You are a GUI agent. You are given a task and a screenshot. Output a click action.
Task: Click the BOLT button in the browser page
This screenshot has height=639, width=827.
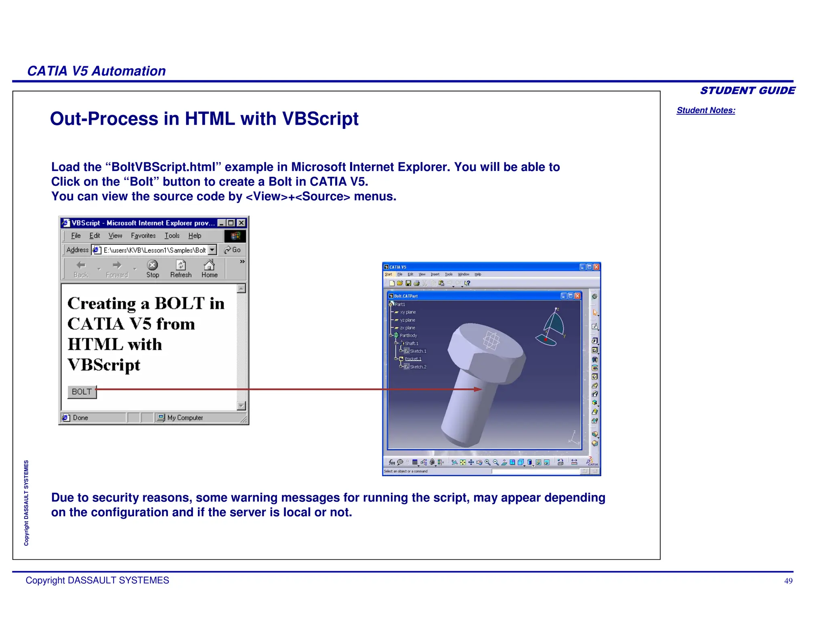tap(82, 392)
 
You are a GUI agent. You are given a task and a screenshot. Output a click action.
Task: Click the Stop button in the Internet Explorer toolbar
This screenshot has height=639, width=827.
tap(152, 269)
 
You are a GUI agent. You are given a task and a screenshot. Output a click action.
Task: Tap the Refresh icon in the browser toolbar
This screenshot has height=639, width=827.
tap(181, 269)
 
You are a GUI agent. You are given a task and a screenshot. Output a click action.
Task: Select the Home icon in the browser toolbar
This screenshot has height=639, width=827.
tap(209, 269)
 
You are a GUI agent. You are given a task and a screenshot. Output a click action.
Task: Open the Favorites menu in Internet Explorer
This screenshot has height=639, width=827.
tap(143, 235)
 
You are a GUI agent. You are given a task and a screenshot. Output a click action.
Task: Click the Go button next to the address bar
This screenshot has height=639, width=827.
tap(233, 250)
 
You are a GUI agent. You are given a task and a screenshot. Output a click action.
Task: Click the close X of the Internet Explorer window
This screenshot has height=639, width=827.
tap(241, 223)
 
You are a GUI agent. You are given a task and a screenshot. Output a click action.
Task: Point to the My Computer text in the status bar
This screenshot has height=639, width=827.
tap(185, 418)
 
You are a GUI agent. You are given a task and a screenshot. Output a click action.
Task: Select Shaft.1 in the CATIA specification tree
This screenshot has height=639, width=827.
tap(411, 343)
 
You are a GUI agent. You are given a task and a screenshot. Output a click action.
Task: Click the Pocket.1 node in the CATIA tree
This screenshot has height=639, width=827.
tap(413, 359)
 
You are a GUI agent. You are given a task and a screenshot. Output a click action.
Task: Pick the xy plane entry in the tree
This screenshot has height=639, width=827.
tap(407, 312)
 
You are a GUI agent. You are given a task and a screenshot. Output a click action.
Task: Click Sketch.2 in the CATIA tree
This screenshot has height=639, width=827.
tap(418, 367)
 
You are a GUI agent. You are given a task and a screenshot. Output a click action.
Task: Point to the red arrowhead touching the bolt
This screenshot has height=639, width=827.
tap(478, 389)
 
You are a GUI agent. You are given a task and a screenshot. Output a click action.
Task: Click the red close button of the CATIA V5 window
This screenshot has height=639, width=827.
tap(596, 267)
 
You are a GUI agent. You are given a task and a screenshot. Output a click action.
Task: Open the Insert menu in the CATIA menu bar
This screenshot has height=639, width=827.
tap(435, 274)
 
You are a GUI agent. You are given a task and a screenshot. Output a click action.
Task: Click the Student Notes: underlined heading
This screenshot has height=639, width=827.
tap(705, 110)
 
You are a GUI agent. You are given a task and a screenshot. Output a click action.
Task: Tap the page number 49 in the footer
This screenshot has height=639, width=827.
tap(788, 581)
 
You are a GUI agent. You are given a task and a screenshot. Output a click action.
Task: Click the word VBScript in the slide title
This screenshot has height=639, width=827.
tap(320, 119)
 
